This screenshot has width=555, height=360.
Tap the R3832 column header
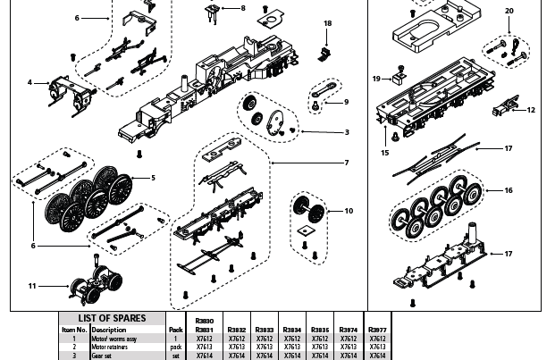(x=236, y=330)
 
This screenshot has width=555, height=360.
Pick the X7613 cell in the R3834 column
(x=292, y=347)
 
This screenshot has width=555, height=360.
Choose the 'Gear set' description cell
(x=102, y=356)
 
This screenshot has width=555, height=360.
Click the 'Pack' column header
(x=175, y=330)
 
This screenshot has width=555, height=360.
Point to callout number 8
(x=242, y=8)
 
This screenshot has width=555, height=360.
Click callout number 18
(x=327, y=23)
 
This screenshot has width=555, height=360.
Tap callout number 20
(x=509, y=11)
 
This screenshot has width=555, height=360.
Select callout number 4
(x=29, y=82)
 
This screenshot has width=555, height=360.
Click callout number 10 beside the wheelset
(x=349, y=211)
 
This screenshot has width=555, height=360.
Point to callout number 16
(x=509, y=190)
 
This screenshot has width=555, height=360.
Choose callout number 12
(x=531, y=110)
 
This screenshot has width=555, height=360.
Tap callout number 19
(x=377, y=79)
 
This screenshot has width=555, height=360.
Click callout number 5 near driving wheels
(x=153, y=178)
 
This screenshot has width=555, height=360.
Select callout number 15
(x=385, y=153)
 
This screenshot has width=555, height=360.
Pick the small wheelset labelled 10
(x=307, y=209)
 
